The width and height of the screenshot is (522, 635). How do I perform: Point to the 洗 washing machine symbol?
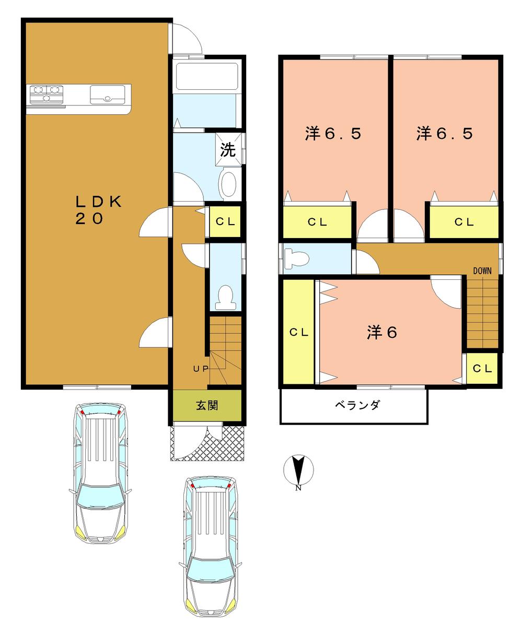tap(228, 150)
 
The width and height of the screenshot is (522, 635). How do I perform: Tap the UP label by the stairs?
tap(201, 369)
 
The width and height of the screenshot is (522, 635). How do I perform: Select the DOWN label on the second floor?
tap(482, 271)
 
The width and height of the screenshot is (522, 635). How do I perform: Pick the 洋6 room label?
tap(382, 332)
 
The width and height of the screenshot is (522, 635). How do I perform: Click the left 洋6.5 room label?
tap(333, 134)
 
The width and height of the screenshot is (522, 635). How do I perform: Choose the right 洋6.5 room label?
tap(445, 134)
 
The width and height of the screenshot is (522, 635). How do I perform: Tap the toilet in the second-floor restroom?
tap(295, 258)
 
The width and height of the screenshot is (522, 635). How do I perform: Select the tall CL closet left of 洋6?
tap(299, 332)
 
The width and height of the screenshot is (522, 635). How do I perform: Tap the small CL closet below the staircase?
tap(482, 368)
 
